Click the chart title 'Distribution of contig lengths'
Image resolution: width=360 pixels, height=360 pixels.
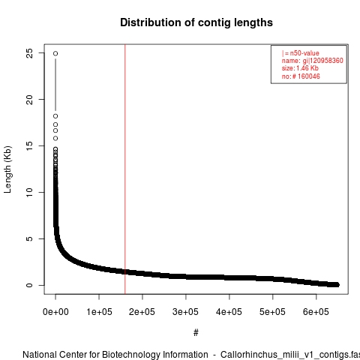pyautogui.click(x=196, y=22)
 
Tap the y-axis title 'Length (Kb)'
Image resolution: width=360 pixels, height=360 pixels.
pyautogui.click(x=7, y=169)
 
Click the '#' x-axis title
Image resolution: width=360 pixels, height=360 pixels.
pyautogui.click(x=196, y=332)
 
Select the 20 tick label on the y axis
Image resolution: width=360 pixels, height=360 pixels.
pyautogui.click(x=29, y=100)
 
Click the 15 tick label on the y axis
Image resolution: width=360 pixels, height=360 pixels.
pyautogui.click(x=29, y=145)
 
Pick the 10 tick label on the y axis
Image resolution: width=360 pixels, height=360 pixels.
pyautogui.click(x=29, y=192)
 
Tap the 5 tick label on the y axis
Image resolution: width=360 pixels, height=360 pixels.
pyautogui.click(x=29, y=238)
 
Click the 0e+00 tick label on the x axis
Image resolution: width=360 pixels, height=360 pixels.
pyautogui.click(x=55, y=312)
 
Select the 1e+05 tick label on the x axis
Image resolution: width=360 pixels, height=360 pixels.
pyautogui.click(x=99, y=312)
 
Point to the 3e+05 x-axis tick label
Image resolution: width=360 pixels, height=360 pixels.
pyautogui.click(x=185, y=312)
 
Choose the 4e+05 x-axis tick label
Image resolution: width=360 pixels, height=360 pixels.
pyautogui.click(x=229, y=312)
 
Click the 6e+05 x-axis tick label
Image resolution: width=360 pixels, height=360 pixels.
pyautogui.click(x=316, y=312)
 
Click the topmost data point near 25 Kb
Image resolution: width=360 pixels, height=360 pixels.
pyautogui.click(x=55, y=53)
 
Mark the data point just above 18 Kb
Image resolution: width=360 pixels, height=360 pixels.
pyautogui.click(x=55, y=116)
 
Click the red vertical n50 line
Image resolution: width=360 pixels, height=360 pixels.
pyautogui.click(x=124, y=169)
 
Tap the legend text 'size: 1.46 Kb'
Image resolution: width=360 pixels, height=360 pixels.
pyautogui.click(x=300, y=68)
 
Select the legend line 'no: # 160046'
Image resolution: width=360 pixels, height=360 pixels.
pyautogui.click(x=301, y=76)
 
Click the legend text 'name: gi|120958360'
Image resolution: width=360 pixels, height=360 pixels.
pyautogui.click(x=313, y=61)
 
